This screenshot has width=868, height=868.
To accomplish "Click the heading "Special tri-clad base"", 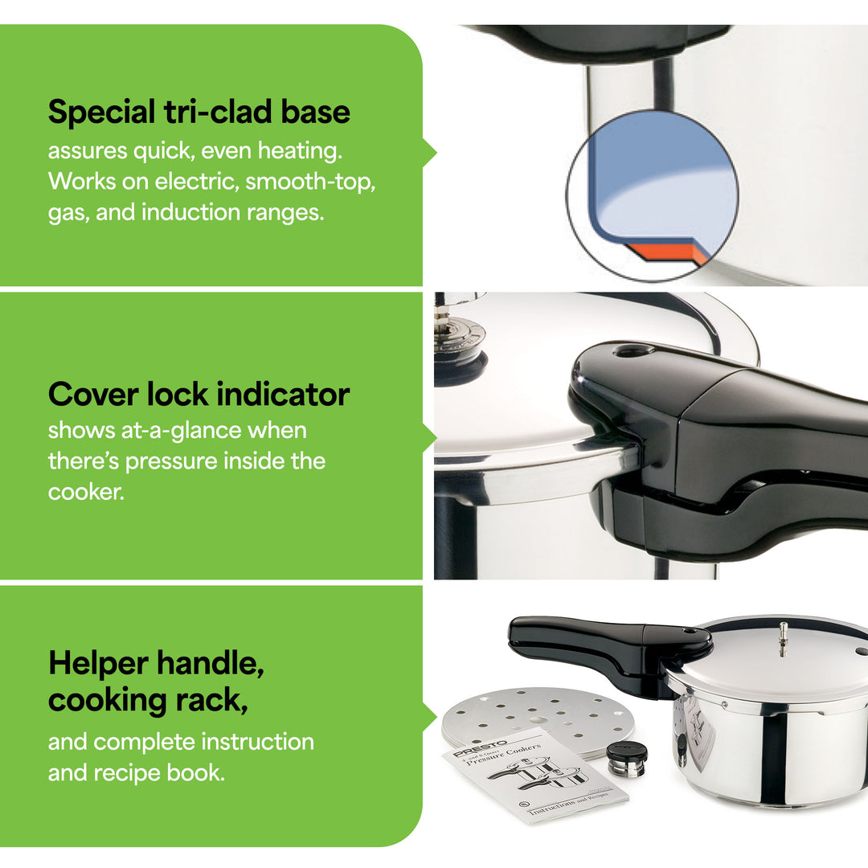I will pyautogui.click(x=199, y=112).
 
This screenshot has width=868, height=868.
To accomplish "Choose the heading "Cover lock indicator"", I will pyautogui.click(x=199, y=395).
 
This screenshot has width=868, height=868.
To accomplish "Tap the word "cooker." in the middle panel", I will pyautogui.click(x=86, y=492).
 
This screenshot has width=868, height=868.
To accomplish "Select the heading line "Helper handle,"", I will pyautogui.click(x=156, y=664).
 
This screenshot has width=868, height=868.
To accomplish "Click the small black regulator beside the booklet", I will pyautogui.click(x=626, y=758).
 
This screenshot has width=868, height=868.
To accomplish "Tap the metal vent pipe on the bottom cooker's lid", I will pyautogui.click(x=783, y=638).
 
